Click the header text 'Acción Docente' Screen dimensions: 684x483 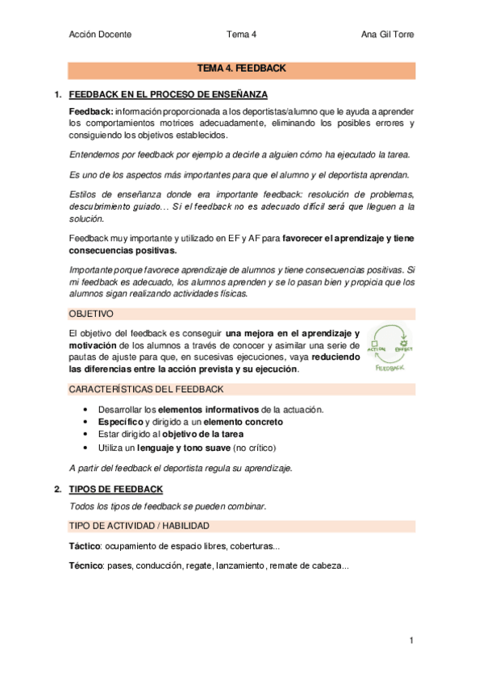click(101, 35)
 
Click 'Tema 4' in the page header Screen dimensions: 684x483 click(242, 35)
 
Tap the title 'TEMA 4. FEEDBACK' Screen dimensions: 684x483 click(242, 69)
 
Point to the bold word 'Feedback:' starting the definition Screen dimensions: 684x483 click(91, 111)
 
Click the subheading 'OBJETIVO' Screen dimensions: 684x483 click(91, 313)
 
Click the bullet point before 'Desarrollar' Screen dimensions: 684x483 click(85, 410)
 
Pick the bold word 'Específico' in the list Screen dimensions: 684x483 click(119, 422)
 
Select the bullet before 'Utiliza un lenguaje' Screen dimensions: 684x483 click(85, 448)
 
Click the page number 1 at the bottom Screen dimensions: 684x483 click(411, 640)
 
